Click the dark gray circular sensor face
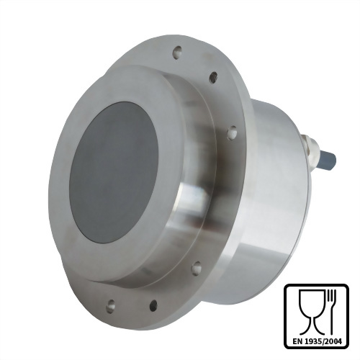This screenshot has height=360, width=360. pos(114,171)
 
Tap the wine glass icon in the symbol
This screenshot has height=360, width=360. pos(311,312)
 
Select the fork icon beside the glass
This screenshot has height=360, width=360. pos(332,312)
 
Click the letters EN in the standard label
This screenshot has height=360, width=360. pos(297,341)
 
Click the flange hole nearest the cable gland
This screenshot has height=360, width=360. pos(232,132)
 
